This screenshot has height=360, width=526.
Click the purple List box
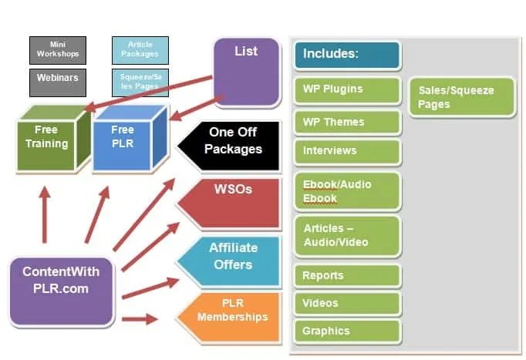(x=247, y=72)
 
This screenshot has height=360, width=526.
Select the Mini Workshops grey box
(x=58, y=50)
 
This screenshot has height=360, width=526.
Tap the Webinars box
(x=58, y=82)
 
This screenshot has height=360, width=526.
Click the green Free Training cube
(x=54, y=139)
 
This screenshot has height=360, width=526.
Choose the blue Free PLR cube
(x=130, y=139)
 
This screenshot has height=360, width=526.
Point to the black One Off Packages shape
(x=229, y=146)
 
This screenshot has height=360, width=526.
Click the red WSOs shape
(x=229, y=204)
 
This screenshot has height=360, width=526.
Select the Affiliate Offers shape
(x=229, y=261)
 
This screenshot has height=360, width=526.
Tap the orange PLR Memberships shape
(x=229, y=318)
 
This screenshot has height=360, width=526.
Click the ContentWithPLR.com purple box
(x=62, y=291)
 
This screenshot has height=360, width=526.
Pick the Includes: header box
(x=347, y=55)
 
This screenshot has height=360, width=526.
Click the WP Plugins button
(x=348, y=90)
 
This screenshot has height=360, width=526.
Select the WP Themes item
(x=348, y=123)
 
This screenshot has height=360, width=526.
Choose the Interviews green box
(x=348, y=152)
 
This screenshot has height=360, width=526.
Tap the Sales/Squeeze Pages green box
(x=462, y=97)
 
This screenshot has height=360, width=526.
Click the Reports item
(x=348, y=276)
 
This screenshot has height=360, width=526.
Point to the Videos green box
(x=348, y=304)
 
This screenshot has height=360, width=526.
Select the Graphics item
(x=348, y=331)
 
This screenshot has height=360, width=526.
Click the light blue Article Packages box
(x=140, y=50)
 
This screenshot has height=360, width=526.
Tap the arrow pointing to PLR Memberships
(x=140, y=319)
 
